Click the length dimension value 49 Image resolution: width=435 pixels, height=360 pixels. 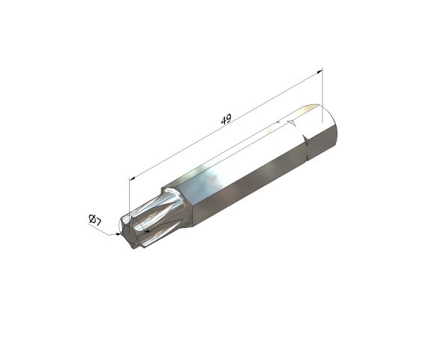(226, 118)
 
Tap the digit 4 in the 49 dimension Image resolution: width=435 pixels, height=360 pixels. (223, 120)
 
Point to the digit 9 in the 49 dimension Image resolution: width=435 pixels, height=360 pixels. (229, 117)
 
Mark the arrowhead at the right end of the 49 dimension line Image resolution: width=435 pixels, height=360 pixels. (319, 73)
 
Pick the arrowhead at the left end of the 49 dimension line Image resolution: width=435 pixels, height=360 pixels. (133, 178)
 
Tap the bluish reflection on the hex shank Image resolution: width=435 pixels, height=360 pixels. (214, 180)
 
